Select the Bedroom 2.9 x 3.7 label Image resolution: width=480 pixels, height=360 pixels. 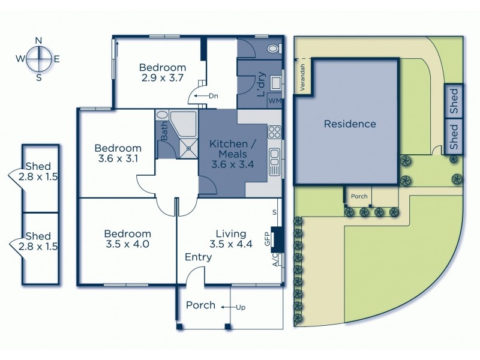[163, 73]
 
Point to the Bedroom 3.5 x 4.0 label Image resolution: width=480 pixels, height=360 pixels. [127, 239]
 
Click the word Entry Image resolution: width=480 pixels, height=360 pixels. [198, 257]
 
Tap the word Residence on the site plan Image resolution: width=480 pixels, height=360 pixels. [350, 124]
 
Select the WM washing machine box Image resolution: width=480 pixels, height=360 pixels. [275, 100]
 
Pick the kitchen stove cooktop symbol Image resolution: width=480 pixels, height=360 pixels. [275, 131]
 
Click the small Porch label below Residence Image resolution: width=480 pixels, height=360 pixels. [359, 196]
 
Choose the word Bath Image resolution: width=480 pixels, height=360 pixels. [164, 133]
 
